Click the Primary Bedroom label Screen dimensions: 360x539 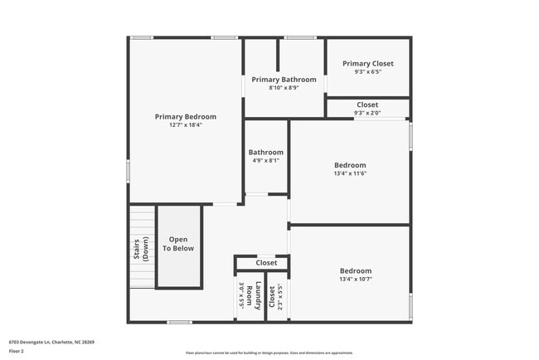point(186,117)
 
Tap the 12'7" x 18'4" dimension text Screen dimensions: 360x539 point(186,125)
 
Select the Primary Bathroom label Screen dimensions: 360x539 point(284,80)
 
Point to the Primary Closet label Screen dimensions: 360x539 point(367,64)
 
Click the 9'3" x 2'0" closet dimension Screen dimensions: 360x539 point(367,113)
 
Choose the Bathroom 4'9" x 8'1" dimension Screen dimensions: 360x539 point(265,161)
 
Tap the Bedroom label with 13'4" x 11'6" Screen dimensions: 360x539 point(350,165)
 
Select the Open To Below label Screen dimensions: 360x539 point(178,244)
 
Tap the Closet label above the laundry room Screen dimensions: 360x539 point(266,263)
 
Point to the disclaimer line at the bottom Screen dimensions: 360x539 point(269,352)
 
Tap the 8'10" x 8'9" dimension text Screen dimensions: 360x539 point(284,88)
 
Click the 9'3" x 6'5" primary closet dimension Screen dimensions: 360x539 point(367,71)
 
